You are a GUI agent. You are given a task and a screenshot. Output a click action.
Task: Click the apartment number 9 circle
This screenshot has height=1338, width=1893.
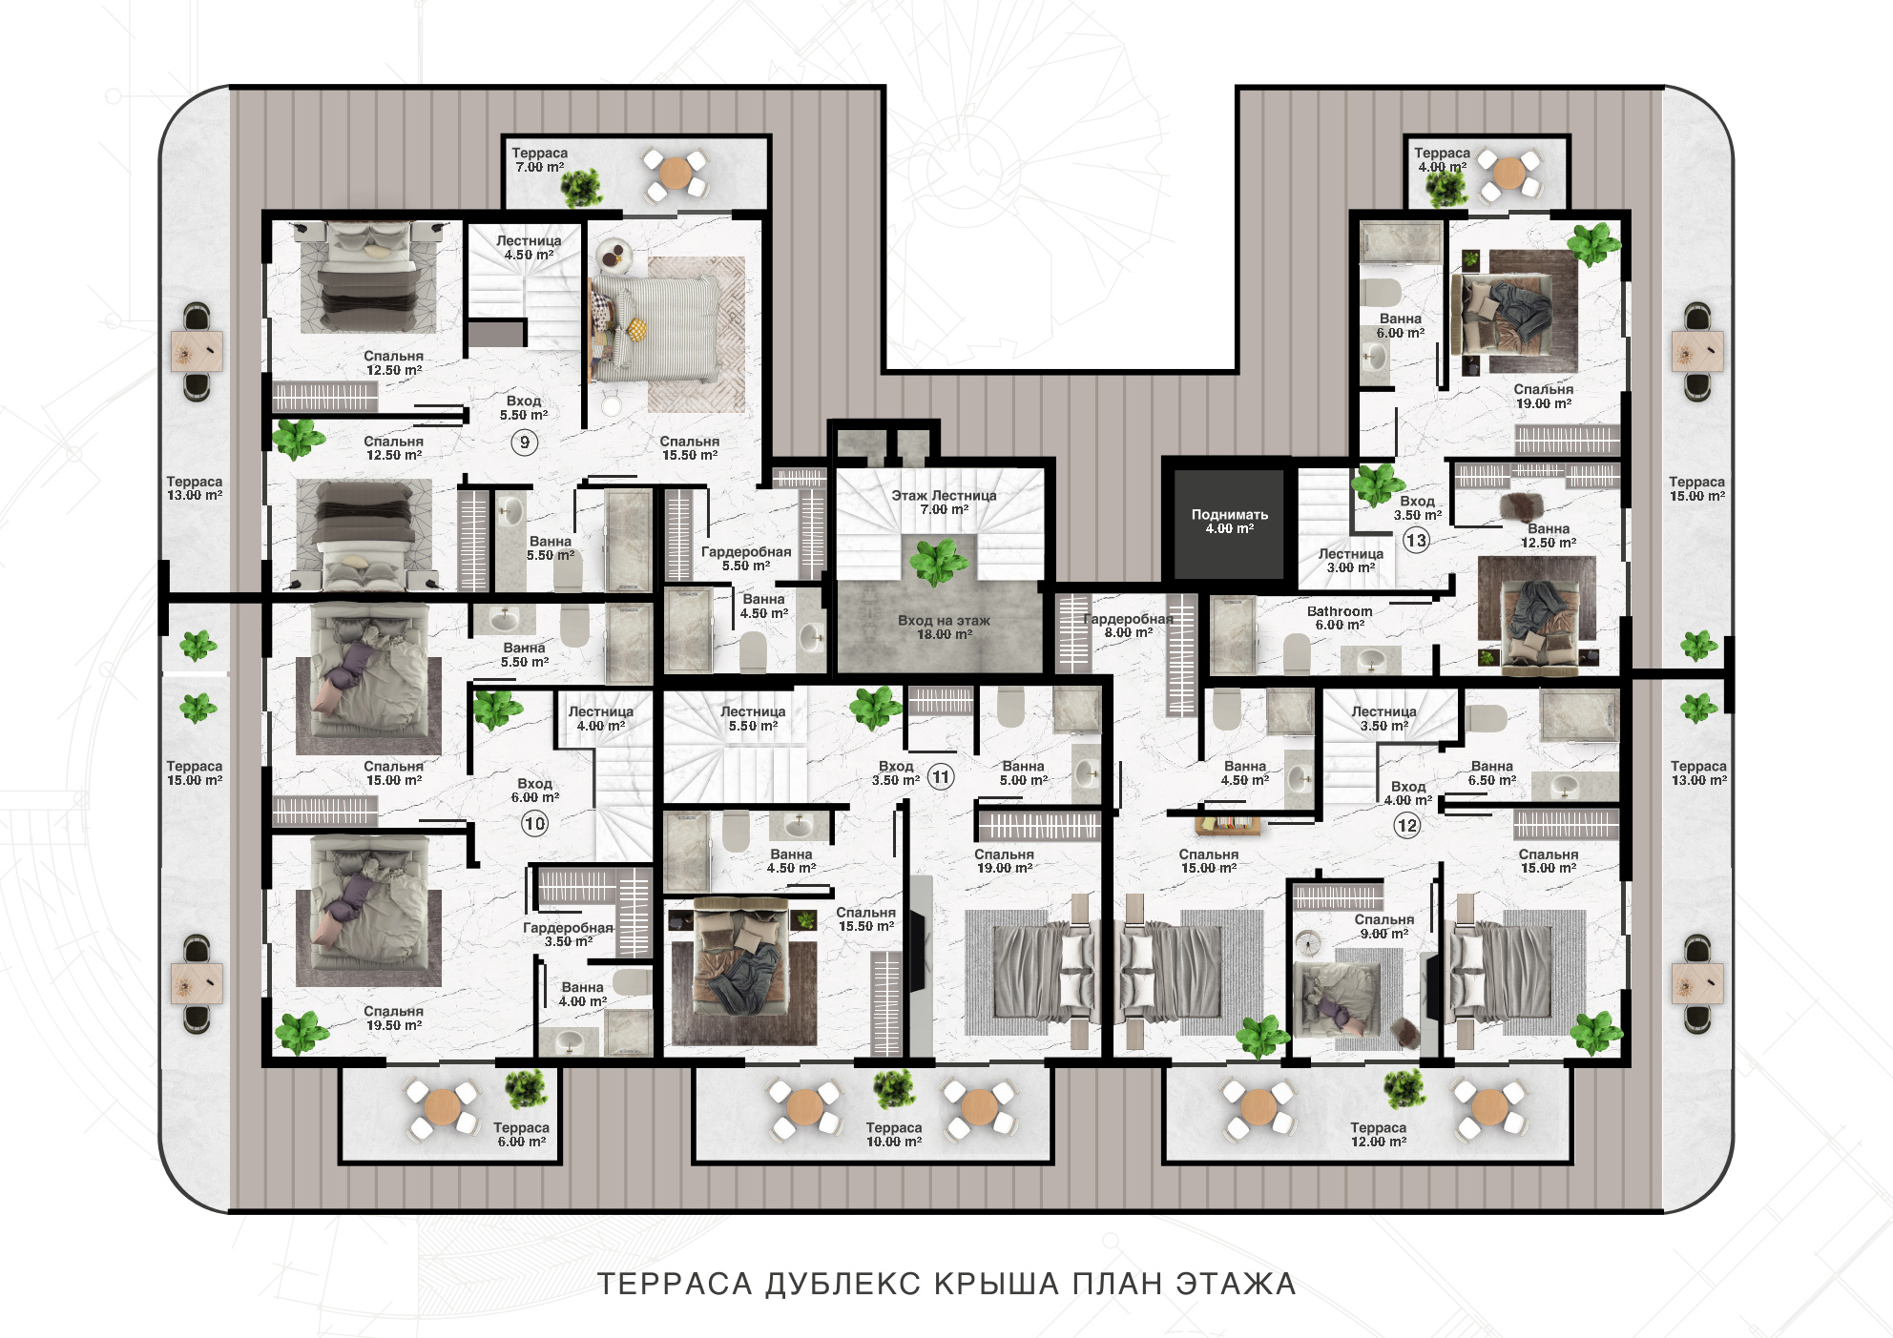tap(524, 443)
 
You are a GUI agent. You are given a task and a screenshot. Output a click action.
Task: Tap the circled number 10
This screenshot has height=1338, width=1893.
tap(534, 824)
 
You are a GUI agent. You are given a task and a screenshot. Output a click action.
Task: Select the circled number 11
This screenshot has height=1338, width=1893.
tap(941, 777)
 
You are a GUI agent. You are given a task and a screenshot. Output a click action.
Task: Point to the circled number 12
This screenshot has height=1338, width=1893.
tap(1407, 826)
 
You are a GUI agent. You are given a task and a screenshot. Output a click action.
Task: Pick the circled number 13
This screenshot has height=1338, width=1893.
tap(1416, 541)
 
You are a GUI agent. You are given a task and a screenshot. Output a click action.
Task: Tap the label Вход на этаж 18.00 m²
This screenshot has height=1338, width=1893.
tap(944, 628)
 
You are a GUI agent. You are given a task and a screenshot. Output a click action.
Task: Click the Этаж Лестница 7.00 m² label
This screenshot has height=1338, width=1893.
tap(944, 503)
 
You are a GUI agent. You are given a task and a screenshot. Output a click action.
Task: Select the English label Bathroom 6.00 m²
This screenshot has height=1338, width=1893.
tap(1340, 618)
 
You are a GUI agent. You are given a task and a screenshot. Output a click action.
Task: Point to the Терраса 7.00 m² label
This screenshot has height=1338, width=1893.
tap(539, 160)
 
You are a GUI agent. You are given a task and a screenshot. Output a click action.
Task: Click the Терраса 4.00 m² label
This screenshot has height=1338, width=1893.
tap(1442, 160)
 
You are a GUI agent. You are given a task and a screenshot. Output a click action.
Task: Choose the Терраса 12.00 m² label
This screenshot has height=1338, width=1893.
tap(1378, 1135)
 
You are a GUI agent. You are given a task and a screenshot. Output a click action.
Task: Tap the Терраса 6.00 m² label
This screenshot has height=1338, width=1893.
tap(521, 1135)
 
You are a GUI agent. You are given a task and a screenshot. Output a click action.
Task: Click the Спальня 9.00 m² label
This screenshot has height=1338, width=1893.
tap(1383, 927)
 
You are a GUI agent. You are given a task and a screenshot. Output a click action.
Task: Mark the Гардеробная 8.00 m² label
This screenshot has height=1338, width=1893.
tap(1129, 626)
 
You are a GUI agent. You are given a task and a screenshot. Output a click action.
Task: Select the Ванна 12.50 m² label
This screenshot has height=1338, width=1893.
tap(1548, 536)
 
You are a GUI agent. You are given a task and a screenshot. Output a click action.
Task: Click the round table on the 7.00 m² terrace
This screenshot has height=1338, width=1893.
tap(675, 174)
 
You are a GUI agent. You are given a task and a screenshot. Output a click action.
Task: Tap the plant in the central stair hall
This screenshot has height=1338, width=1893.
tap(939, 561)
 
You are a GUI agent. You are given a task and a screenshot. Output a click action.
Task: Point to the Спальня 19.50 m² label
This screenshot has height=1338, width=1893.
tap(393, 1019)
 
